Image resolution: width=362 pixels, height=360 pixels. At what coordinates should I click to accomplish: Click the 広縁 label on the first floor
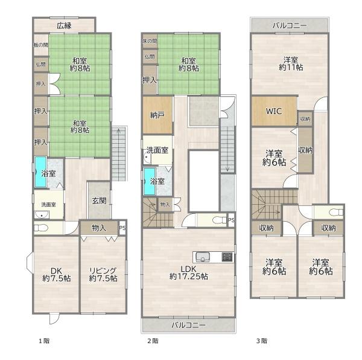[x=64, y=25]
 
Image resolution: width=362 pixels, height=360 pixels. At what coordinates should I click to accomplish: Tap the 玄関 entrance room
[x=100, y=201]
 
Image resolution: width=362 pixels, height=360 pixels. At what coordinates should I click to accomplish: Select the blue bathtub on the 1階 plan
[x=40, y=172]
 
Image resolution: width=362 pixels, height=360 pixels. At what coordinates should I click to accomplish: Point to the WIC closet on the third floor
[x=274, y=111]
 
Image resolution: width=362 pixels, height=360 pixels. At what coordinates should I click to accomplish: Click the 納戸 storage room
[x=157, y=115]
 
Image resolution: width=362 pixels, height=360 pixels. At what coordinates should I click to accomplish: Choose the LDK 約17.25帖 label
[x=189, y=272]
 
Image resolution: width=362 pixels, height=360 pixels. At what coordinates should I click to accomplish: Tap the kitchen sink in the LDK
[x=203, y=257]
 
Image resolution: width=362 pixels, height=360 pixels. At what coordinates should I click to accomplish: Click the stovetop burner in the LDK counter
[x=227, y=257]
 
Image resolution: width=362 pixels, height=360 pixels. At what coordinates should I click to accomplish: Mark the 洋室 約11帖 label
[x=291, y=63]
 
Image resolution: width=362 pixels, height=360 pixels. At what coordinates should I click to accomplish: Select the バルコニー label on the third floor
[x=290, y=25]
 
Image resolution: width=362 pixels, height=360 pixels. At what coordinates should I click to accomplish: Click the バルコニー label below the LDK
[x=188, y=326]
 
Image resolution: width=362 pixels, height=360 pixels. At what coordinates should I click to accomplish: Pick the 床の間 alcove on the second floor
[x=150, y=41]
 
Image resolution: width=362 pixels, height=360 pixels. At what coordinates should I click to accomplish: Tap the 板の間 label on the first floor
[x=41, y=45]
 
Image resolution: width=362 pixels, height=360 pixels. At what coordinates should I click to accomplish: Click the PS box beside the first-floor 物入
[x=122, y=228]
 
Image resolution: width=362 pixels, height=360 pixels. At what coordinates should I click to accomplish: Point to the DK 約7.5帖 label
[x=57, y=274]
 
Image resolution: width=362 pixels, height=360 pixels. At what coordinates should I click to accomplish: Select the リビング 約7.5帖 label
[x=103, y=274]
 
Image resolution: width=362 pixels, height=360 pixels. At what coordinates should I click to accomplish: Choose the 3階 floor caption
[x=262, y=341]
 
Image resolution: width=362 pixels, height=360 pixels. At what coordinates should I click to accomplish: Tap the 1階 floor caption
[x=44, y=341]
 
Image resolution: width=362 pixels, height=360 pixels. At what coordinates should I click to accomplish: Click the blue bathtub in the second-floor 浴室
[x=150, y=181]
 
